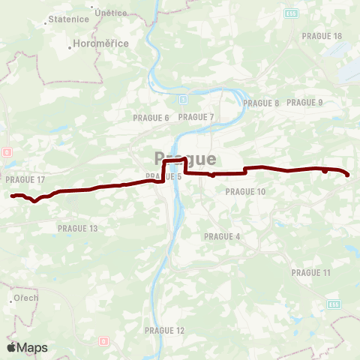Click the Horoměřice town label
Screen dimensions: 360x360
[x=102, y=44]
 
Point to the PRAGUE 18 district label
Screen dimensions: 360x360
[x=322, y=36]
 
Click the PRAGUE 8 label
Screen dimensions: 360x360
[x=261, y=103]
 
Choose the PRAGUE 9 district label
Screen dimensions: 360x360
[x=304, y=103]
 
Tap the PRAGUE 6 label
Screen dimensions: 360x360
[x=151, y=118]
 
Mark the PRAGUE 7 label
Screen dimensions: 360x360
[x=196, y=117]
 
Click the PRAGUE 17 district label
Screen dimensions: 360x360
[x=25, y=180]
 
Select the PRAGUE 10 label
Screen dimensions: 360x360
[x=245, y=192]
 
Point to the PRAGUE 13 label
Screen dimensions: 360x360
[x=78, y=228]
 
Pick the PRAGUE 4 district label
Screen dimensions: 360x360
[x=222, y=236]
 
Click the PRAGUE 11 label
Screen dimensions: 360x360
[x=310, y=273]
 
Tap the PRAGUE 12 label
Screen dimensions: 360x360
[x=164, y=331]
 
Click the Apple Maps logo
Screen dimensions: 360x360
[x=27, y=347]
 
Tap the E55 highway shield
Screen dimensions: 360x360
[x=291, y=13]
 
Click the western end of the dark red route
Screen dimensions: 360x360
[x=12, y=196]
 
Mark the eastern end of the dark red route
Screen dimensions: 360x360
[x=349, y=175]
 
